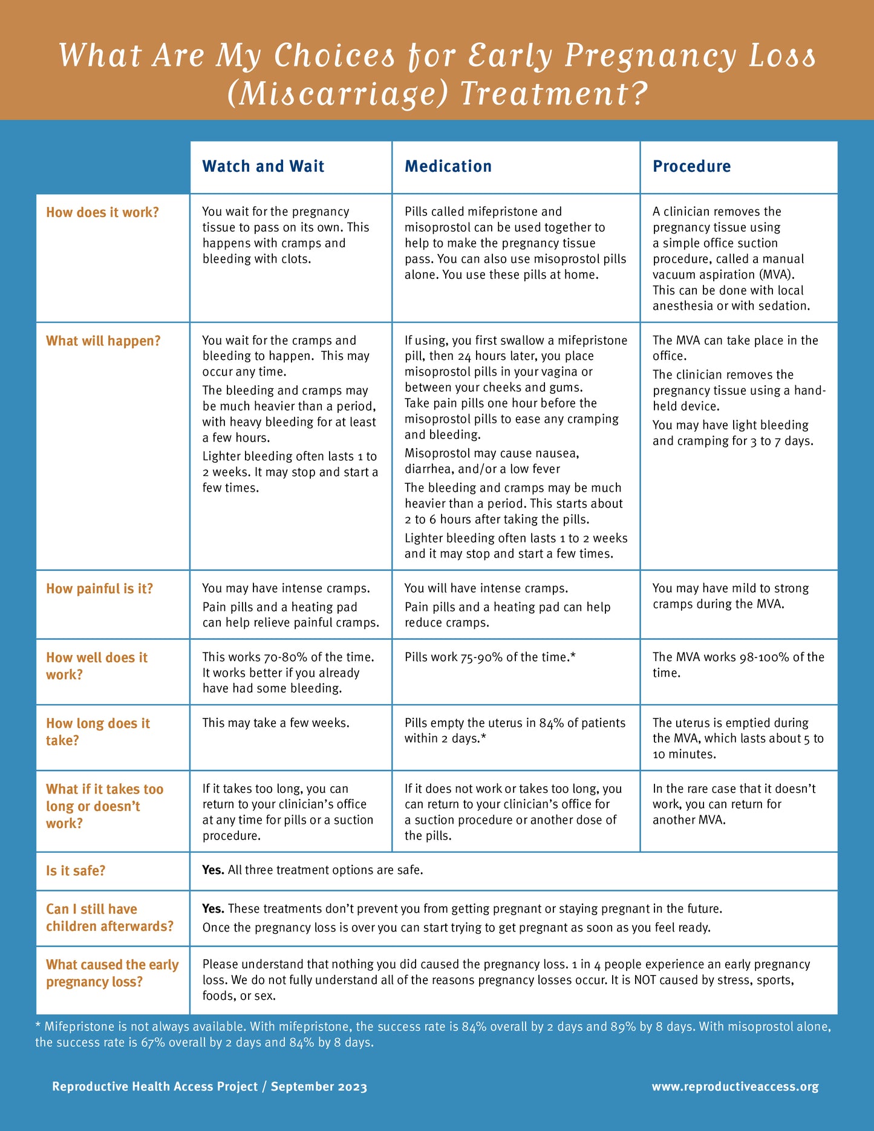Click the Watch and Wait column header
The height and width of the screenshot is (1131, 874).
[263, 166]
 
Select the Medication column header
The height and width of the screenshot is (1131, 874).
[448, 166]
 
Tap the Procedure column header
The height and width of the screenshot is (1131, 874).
[691, 166]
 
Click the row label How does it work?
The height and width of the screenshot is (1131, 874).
[102, 212]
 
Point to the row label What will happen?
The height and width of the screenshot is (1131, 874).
[103, 341]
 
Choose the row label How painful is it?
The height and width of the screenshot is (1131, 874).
[99, 589]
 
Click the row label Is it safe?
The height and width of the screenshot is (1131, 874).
[76, 871]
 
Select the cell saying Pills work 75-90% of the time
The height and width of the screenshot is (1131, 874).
[489, 657]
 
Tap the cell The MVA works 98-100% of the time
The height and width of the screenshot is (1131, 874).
[738, 665]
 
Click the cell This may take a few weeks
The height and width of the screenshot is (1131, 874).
[276, 723]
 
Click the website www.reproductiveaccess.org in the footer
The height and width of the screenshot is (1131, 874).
[735, 1087]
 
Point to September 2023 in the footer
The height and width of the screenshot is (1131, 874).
[319, 1087]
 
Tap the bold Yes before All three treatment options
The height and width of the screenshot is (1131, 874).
[213, 870]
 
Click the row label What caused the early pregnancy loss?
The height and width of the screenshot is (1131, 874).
[112, 973]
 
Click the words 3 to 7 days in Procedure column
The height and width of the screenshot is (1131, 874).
[781, 442]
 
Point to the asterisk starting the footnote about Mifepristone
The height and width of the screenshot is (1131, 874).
[38, 1027]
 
